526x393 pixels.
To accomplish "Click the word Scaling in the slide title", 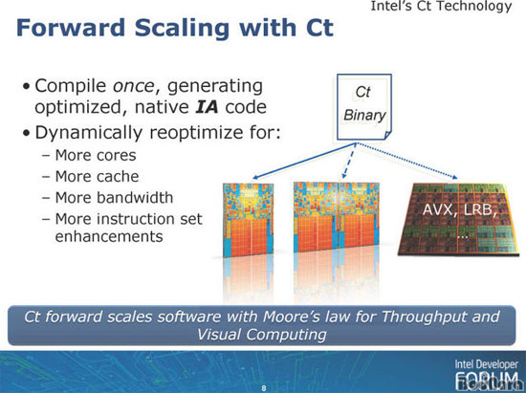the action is [182, 29].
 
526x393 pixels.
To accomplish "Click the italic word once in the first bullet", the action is [134, 86].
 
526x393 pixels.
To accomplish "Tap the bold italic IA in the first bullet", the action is [207, 107].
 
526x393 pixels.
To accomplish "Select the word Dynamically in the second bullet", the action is [89, 133].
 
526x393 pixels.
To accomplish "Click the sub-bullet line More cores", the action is [89, 155].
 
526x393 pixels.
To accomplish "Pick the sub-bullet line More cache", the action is [90, 176].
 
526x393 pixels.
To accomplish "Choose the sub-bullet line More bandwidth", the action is [107, 198].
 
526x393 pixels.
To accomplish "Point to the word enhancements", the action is [109, 236].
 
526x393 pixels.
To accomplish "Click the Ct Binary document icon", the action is [364, 107].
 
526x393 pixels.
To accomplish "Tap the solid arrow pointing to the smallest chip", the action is [304, 161].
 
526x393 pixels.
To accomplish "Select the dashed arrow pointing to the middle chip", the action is [349, 161].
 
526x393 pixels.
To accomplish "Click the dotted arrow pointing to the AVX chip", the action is [406, 161].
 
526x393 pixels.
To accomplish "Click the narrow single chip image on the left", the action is [249, 220].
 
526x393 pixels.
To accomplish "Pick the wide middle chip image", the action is [337, 217].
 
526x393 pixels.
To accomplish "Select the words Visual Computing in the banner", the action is [262, 335].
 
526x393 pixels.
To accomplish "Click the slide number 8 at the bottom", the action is [264, 388].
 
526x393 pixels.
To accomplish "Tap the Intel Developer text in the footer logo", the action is [487, 364].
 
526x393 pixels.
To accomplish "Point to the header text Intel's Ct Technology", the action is [441, 6].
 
